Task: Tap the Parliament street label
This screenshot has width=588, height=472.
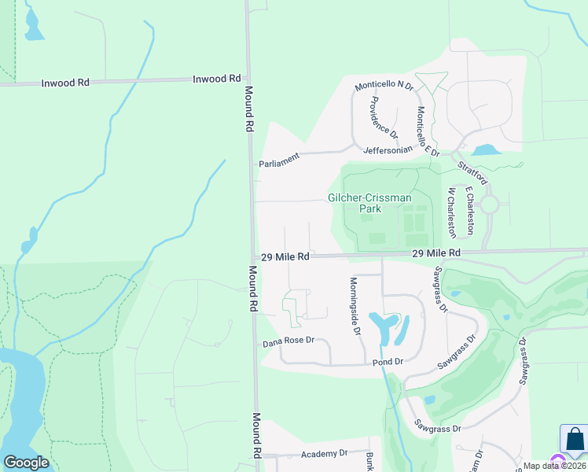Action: [280, 160]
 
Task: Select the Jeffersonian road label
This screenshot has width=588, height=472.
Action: [388, 149]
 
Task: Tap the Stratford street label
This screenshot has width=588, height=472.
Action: [474, 171]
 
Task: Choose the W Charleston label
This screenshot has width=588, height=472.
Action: [451, 212]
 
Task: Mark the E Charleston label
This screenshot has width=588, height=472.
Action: [469, 211]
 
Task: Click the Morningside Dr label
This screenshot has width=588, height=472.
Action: [355, 307]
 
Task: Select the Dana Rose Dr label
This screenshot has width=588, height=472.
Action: [288, 341]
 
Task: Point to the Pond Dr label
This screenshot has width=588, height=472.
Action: [388, 361]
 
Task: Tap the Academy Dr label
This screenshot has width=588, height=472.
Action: [322, 454]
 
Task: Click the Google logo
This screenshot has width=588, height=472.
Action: [26, 463]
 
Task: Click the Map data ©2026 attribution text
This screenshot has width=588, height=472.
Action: [555, 466]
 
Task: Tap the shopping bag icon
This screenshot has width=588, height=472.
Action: [574, 440]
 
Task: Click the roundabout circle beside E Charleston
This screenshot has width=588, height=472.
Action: [490, 205]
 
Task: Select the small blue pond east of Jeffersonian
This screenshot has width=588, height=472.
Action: [485, 149]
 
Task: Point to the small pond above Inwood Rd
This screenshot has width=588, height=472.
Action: [34, 28]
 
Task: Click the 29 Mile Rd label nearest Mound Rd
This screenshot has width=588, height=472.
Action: [285, 256]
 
